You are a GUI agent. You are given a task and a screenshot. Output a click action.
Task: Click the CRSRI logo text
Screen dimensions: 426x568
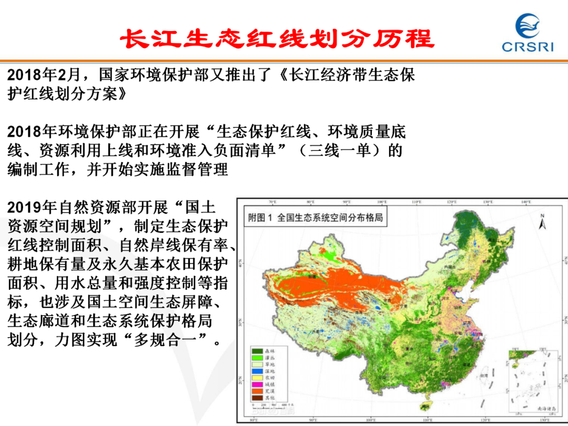point(527,47)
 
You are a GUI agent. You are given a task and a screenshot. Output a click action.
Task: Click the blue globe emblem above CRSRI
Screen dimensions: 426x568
point(528,26)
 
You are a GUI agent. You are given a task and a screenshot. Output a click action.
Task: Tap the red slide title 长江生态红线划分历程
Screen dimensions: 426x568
point(277,38)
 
